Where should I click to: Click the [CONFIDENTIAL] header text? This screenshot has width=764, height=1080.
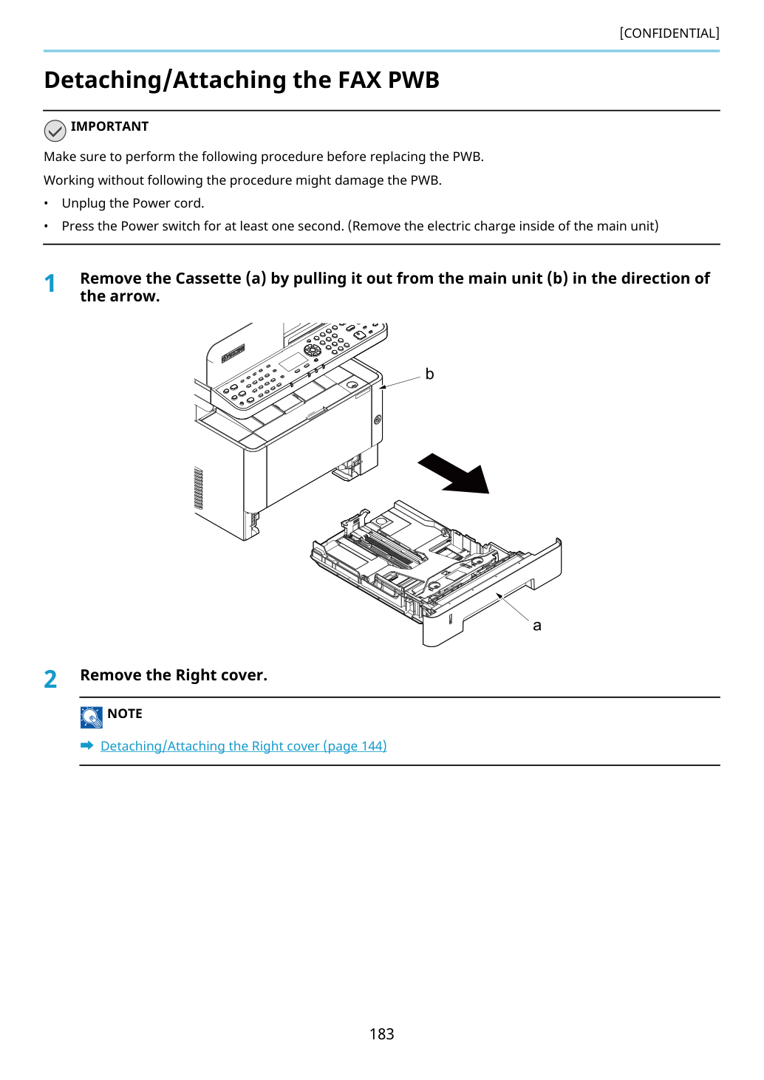[x=669, y=33]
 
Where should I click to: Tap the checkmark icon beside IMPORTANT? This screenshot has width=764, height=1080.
[x=55, y=131]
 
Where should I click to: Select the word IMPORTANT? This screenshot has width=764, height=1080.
[x=109, y=126]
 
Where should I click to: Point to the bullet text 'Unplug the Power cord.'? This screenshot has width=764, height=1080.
[x=133, y=203]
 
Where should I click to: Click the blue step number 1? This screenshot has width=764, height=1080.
[x=50, y=284]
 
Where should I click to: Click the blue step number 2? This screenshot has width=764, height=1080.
[x=50, y=680]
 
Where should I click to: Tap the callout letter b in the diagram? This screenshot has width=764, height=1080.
[x=429, y=374]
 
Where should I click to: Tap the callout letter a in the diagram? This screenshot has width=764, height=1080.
[x=537, y=626]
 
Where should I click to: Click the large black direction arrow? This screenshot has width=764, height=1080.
[x=454, y=474]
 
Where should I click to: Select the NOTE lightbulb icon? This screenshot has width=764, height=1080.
[x=91, y=717]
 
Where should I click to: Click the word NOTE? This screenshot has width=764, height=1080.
[x=124, y=714]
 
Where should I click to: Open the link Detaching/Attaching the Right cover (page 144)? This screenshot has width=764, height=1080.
[x=244, y=746]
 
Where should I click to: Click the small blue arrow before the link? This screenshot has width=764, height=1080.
[x=87, y=745]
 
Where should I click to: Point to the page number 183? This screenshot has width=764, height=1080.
[x=381, y=1033]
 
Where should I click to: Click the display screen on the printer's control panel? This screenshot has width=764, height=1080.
[x=293, y=362]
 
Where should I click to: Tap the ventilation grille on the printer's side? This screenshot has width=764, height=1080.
[x=198, y=488]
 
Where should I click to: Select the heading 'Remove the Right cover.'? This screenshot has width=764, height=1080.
[x=174, y=675]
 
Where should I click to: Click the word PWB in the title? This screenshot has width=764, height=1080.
[x=413, y=80]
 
